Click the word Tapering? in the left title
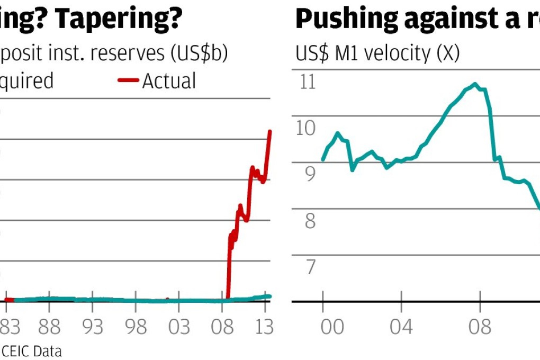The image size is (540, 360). coord(120,19)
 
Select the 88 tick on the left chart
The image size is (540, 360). coord(49,327)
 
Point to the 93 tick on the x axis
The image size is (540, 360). coord(93,327)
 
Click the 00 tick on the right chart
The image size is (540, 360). coord(332,327)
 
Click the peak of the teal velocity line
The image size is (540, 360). coord(475,84)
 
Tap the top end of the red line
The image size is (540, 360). coord(271,131)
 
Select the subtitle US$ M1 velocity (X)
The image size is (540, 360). coord(377,53)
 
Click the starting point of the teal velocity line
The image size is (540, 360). coord(323,160)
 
